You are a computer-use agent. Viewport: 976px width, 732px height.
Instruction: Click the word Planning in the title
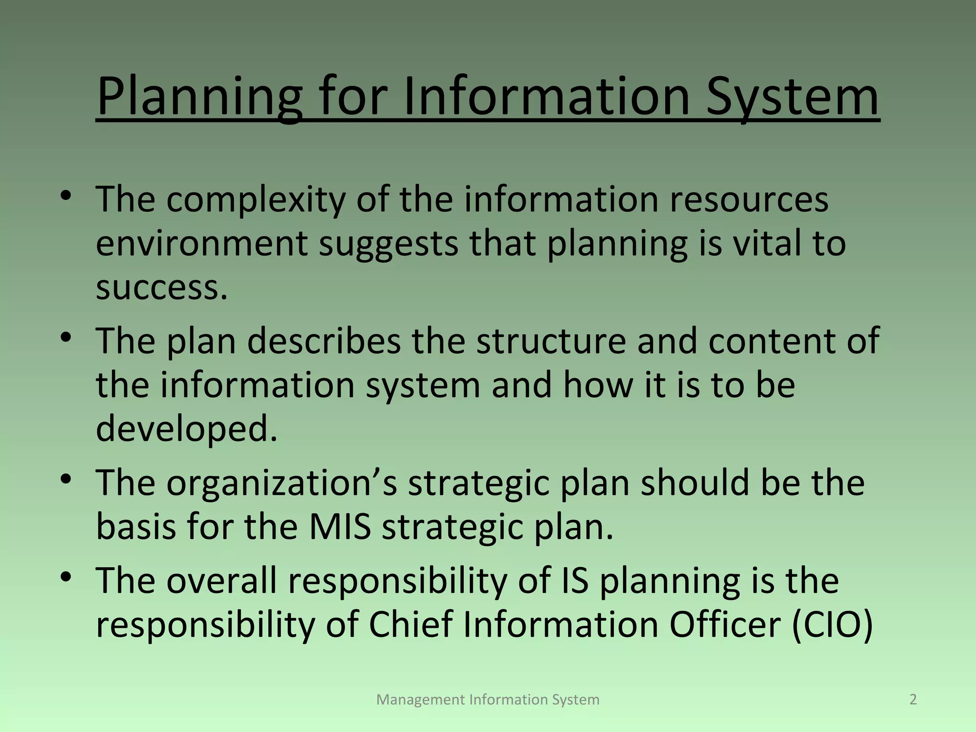(x=199, y=97)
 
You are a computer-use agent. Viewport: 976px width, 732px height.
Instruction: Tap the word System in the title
(x=792, y=97)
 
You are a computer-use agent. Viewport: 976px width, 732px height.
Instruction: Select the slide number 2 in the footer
(x=913, y=699)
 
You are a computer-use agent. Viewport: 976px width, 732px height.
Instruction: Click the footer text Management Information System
(x=488, y=699)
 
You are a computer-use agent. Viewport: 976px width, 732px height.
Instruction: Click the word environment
(x=202, y=244)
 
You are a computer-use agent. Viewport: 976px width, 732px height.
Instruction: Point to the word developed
(x=186, y=428)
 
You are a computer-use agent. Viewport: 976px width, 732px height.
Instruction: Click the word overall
(x=222, y=581)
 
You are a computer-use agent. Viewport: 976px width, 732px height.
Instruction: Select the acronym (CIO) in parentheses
(x=832, y=625)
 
